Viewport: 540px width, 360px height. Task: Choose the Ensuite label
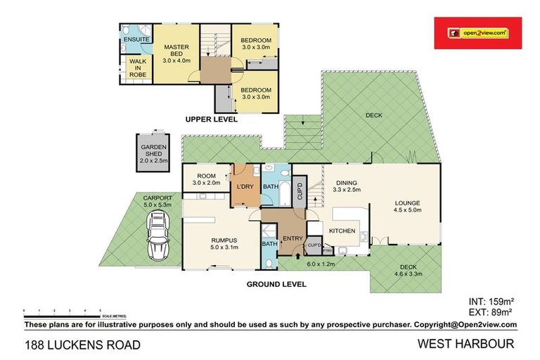(x=136, y=40)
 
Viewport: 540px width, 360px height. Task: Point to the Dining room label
(x=347, y=184)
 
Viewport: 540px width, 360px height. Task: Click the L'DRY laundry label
(x=245, y=186)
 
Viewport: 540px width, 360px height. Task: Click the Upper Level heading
(x=212, y=120)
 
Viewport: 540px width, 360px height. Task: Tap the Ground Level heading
(x=276, y=285)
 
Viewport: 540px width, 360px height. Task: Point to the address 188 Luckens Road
(x=82, y=345)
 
